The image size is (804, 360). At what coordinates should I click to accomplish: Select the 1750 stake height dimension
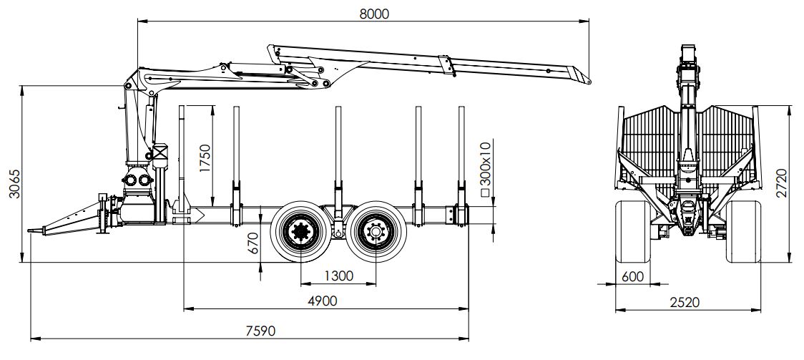[x=205, y=160]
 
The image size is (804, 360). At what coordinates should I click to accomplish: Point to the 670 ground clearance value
[x=253, y=244]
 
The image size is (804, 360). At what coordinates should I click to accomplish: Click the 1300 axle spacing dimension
[x=338, y=276]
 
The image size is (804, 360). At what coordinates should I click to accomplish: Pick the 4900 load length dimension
[x=322, y=301]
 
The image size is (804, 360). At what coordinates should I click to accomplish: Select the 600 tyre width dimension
[x=632, y=276]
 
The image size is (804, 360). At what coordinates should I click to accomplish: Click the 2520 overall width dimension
[x=685, y=301]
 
